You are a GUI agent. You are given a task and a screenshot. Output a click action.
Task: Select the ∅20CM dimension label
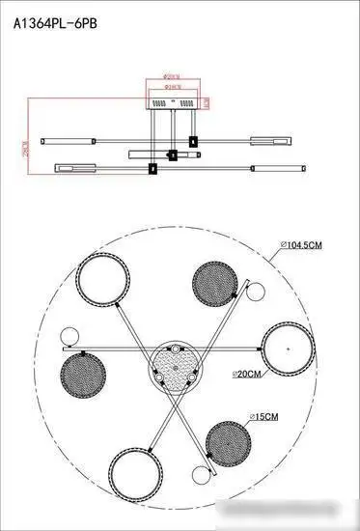248,373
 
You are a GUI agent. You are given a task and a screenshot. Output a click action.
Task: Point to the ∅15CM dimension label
263,416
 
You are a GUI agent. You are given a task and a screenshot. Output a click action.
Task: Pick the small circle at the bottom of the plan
200,473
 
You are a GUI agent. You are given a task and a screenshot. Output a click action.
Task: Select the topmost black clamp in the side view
194,141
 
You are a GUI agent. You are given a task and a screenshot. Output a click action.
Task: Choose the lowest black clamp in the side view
152,169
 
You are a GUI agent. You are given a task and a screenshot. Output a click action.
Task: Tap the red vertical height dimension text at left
13,153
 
